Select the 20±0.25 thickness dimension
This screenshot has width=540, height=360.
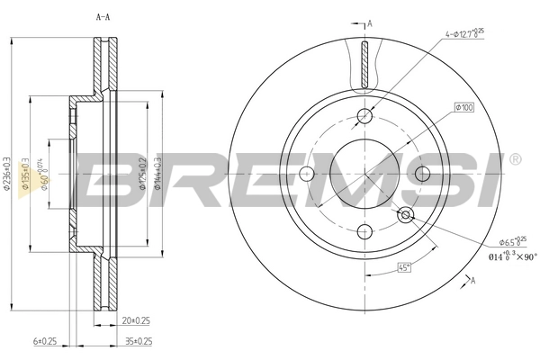135,321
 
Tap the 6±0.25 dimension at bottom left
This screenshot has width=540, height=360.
45,342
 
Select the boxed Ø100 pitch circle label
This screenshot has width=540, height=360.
464,109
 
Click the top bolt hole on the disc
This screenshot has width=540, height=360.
364,115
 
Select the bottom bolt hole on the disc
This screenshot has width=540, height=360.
364,229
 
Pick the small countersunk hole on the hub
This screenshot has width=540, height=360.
405,213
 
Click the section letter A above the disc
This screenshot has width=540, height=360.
368,23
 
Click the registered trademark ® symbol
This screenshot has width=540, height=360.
514,160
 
